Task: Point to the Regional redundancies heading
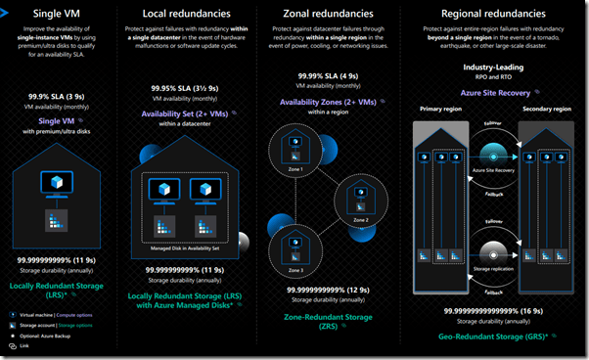pos(492,16)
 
